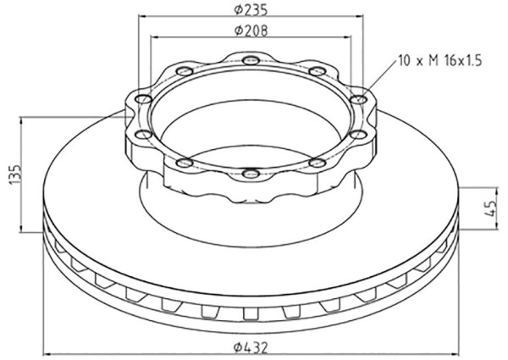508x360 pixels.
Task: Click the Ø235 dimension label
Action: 251,10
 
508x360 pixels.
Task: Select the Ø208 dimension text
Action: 251,30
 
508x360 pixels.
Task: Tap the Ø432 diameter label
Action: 251,348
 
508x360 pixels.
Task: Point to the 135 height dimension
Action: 15,174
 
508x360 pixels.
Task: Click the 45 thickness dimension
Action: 492,208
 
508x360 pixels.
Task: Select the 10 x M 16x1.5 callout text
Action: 440,61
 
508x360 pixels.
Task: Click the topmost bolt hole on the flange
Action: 251,60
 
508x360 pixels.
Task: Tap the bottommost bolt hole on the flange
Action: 251,174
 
